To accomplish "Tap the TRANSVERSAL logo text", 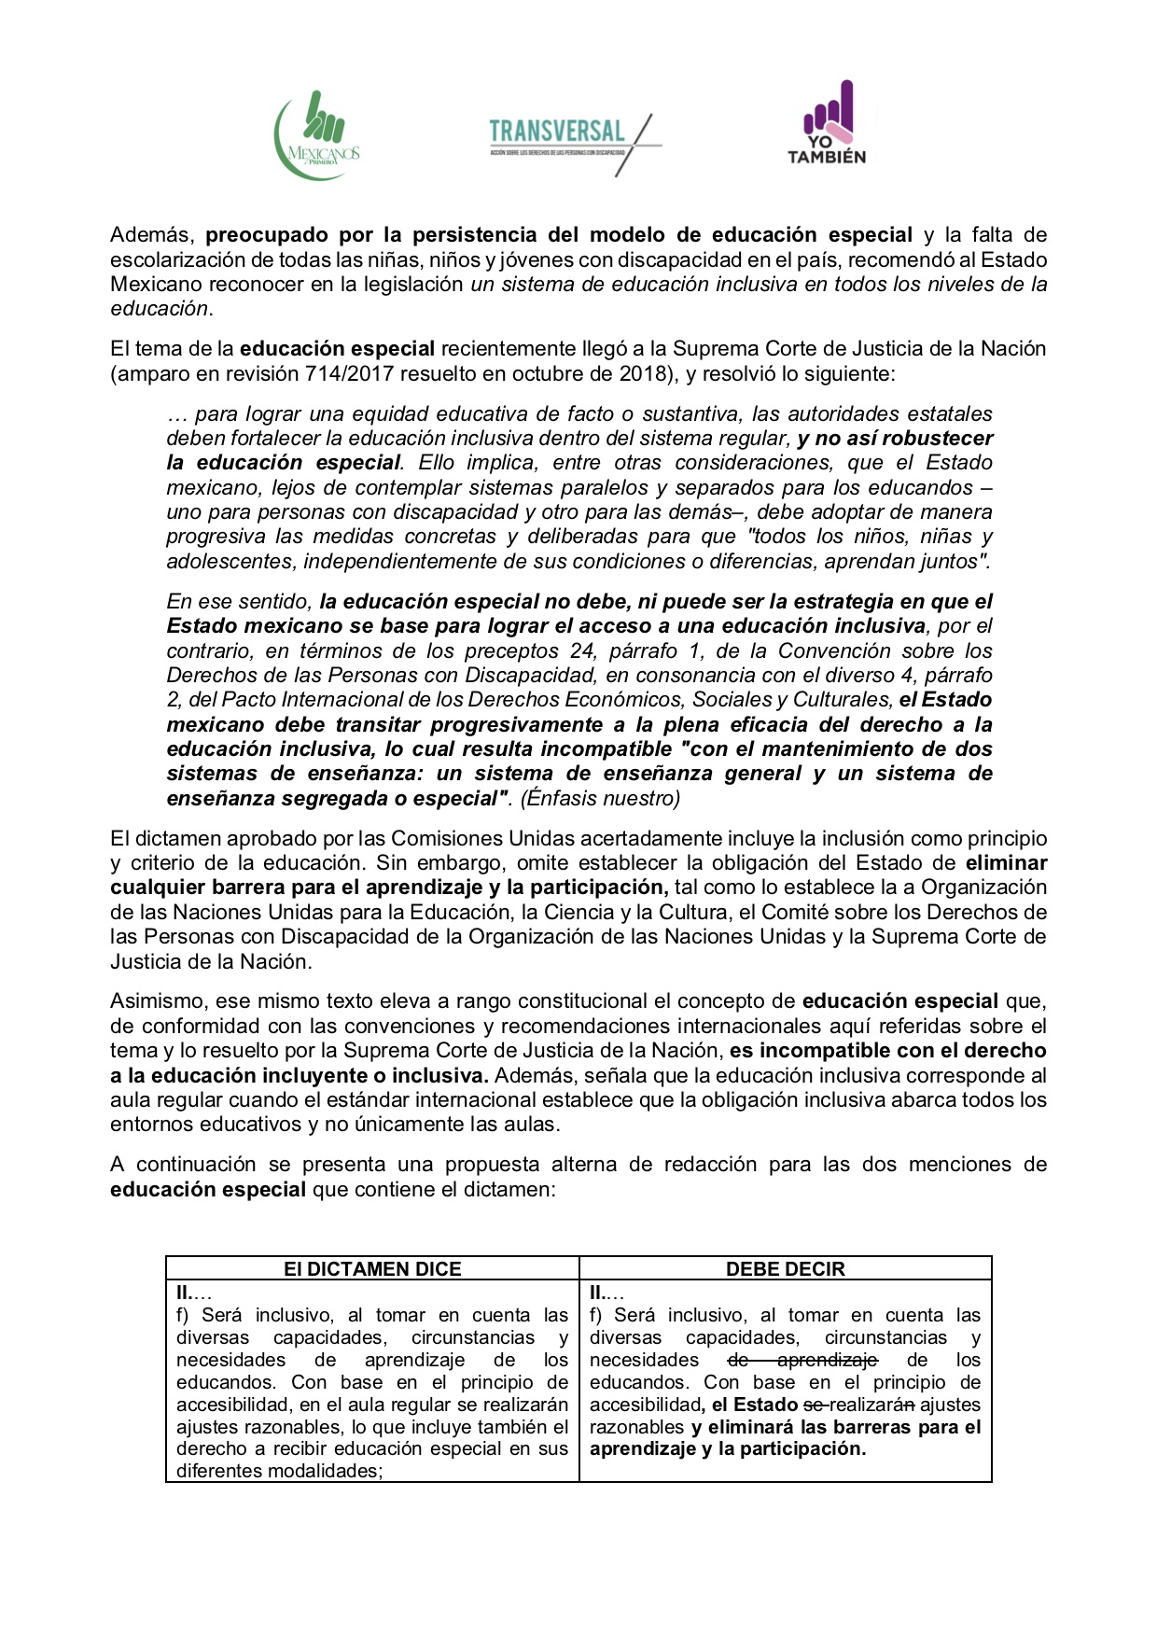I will (557, 132).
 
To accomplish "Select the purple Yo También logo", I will (828, 123).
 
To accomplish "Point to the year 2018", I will (639, 373).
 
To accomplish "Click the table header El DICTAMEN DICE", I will (372, 1268).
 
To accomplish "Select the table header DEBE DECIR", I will (785, 1268).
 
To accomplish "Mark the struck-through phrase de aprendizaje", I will (802, 1360).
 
